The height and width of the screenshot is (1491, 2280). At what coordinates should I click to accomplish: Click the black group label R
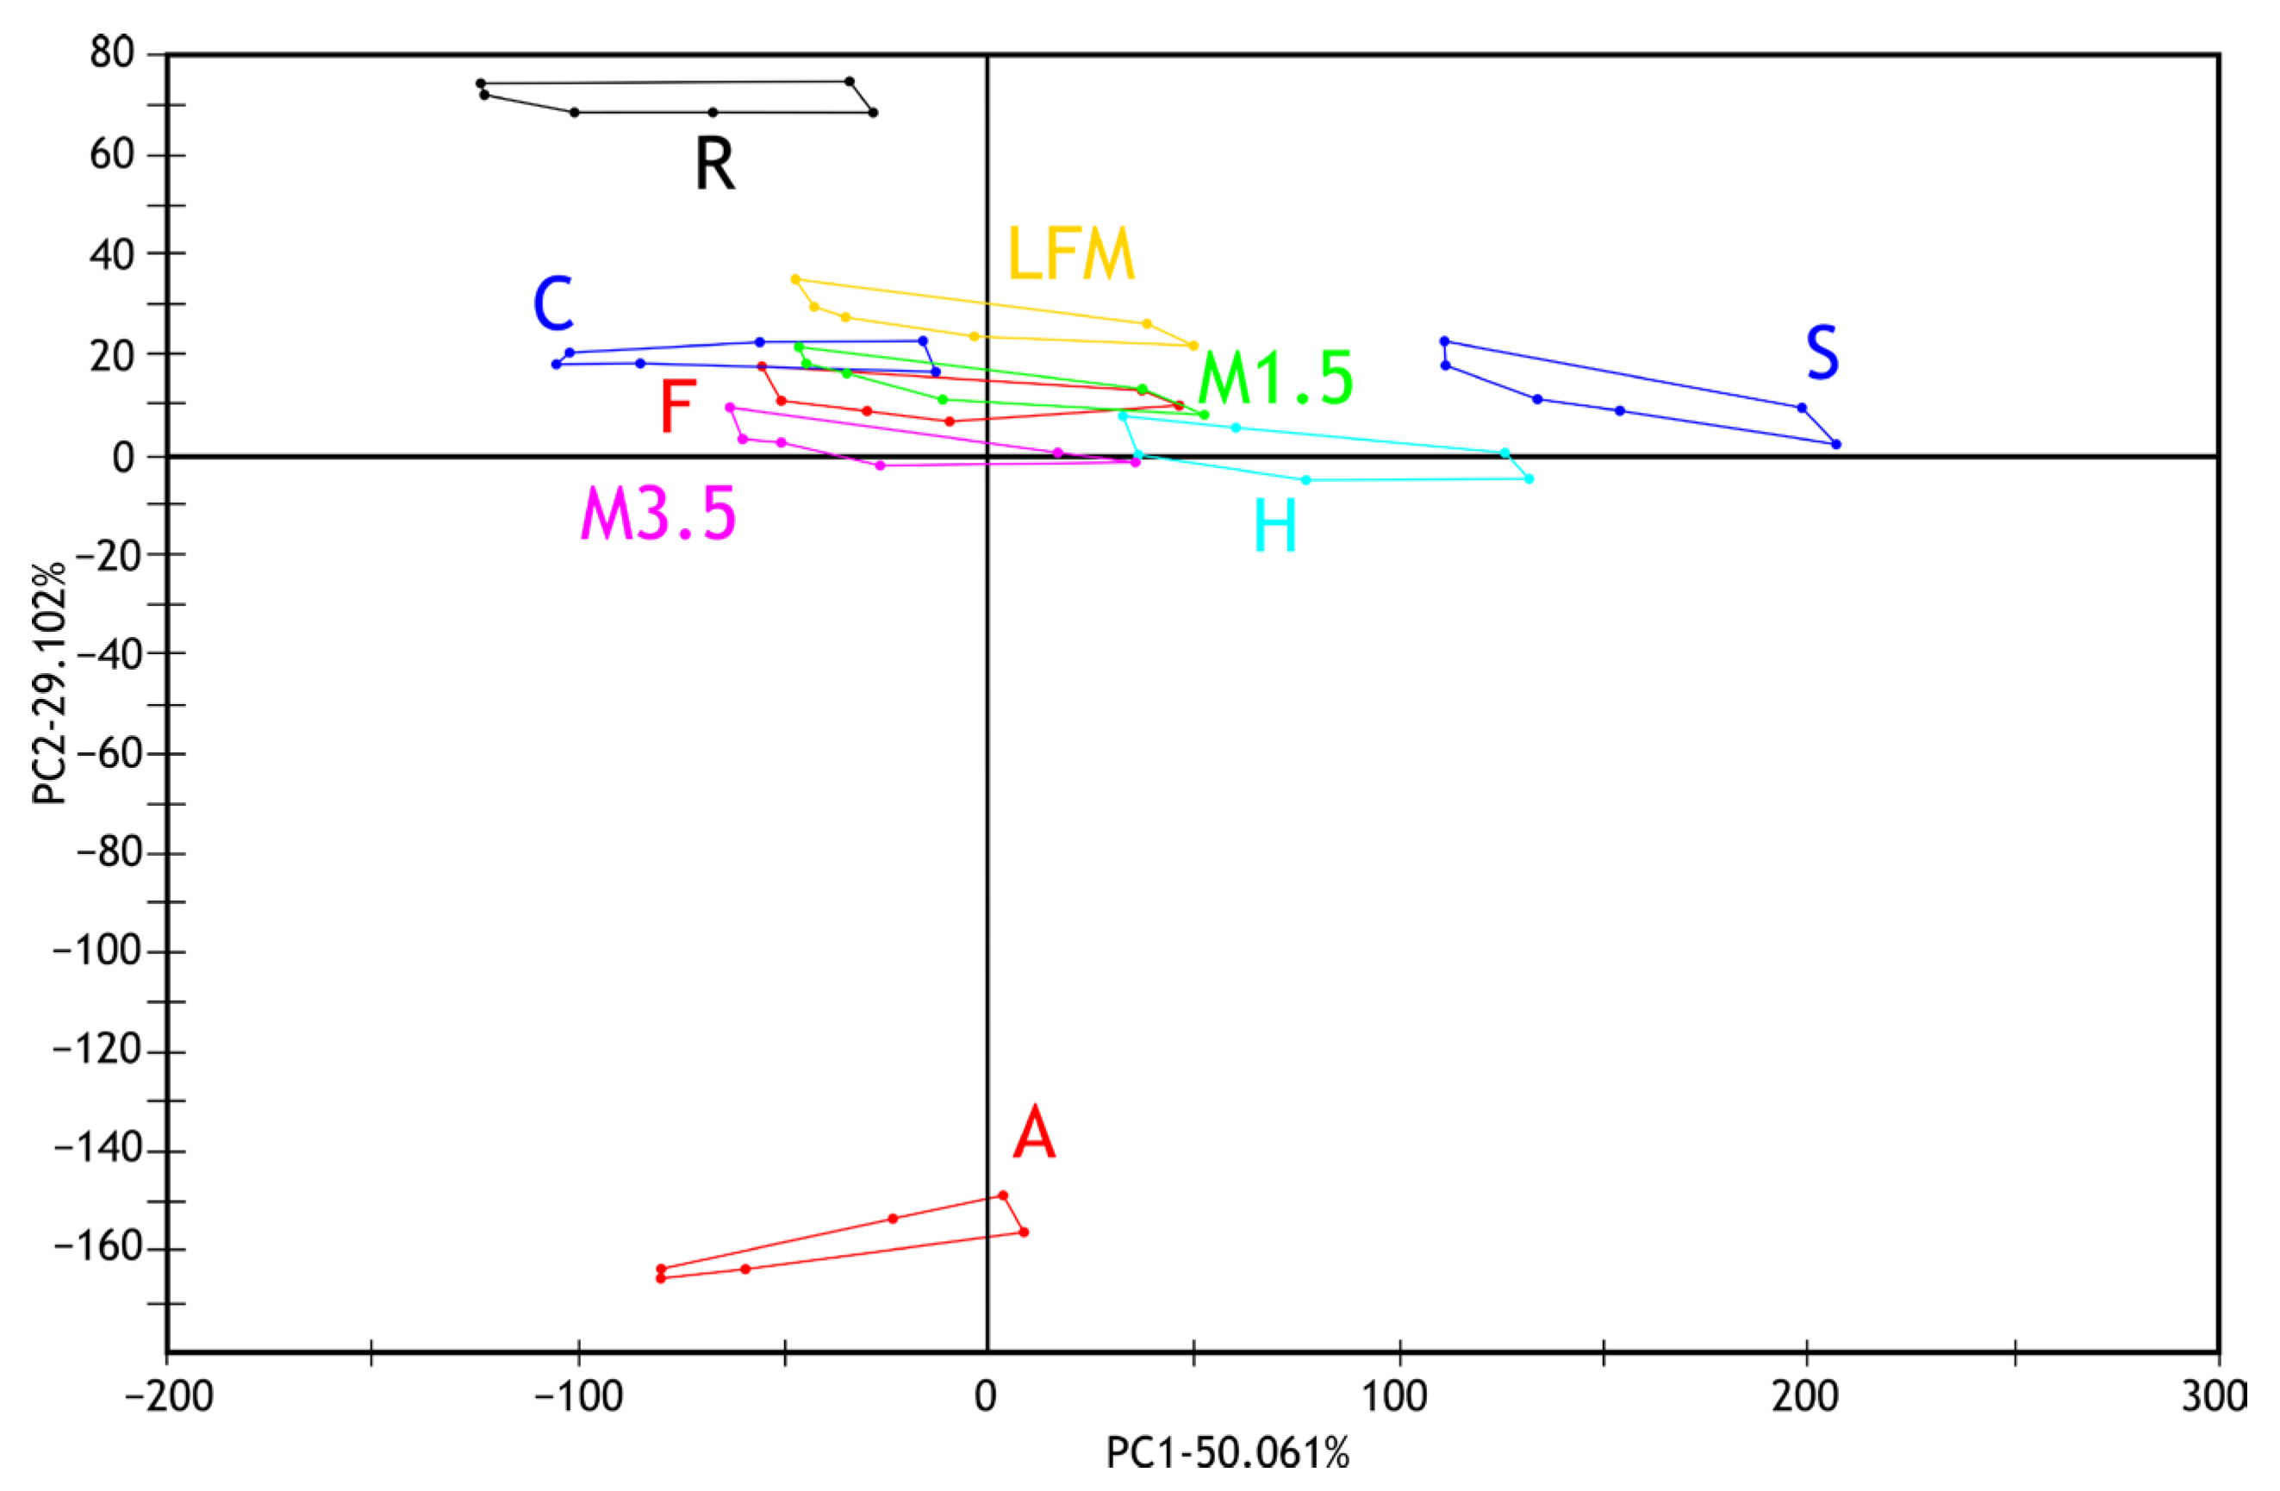(x=714, y=165)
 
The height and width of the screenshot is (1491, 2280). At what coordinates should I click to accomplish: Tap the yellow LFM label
(x=1070, y=255)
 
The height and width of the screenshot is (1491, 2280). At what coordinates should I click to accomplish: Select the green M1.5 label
(x=1275, y=378)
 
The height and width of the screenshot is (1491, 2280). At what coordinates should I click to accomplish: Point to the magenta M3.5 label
(x=658, y=515)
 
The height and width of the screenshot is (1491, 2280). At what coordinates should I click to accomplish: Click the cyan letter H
(x=1275, y=526)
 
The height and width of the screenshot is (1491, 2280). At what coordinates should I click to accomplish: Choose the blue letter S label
(x=1822, y=353)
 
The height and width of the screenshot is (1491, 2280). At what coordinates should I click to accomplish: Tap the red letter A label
(x=1035, y=1133)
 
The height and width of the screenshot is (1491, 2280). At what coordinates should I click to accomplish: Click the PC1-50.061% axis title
(x=1227, y=1454)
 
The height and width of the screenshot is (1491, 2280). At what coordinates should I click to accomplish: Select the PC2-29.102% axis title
(x=49, y=683)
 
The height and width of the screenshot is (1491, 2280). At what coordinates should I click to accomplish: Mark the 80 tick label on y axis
(x=112, y=53)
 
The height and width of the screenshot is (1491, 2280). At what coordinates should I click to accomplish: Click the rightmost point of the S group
(x=1835, y=444)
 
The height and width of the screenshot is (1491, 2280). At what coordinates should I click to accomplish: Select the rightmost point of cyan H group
(x=1529, y=479)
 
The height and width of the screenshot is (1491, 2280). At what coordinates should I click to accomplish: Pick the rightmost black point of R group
(x=873, y=113)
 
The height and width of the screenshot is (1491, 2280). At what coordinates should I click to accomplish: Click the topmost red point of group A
(x=1003, y=1195)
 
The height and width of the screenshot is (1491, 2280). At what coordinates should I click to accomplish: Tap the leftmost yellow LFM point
(x=795, y=280)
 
